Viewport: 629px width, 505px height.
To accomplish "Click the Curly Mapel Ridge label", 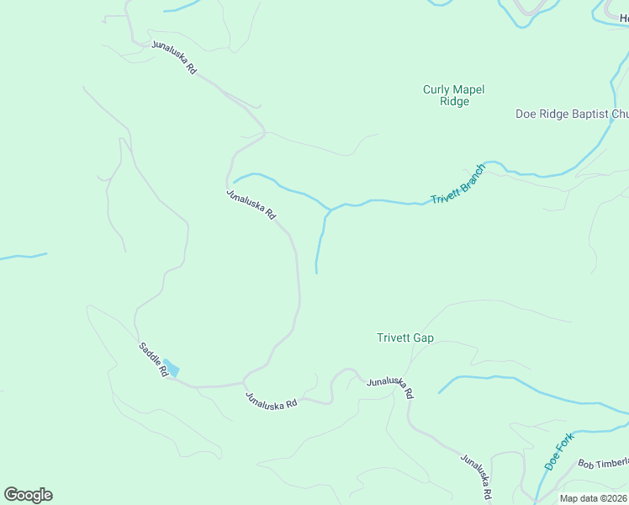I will pos(454,95).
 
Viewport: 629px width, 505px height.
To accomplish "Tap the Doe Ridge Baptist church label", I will pos(572,114).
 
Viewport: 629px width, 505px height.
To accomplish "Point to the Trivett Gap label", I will pos(404,338).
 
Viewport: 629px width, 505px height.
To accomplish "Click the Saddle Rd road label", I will pos(154,359).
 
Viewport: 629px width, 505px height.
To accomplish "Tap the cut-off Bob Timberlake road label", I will pos(603,464).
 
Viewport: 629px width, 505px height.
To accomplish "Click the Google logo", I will pos(28,494).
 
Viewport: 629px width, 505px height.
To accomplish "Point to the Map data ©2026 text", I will pos(593,498).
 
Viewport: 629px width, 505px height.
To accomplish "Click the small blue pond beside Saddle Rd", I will pos(172,368).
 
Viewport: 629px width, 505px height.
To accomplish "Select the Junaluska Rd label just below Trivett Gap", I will pos(390,387).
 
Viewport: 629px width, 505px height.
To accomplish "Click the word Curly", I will pos(436,89).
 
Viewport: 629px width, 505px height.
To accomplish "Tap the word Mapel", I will pos(469,89).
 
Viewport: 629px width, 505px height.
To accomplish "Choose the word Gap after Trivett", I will pos(423,338).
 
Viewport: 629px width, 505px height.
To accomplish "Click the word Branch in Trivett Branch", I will pos(469,178).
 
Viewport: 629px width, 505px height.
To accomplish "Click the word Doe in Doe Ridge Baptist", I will pos(526,114).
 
